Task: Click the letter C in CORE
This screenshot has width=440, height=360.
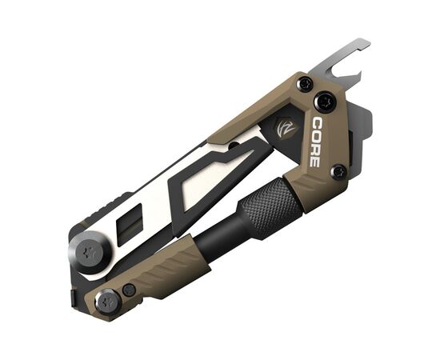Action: point(318,123)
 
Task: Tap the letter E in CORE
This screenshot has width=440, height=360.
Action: point(314,162)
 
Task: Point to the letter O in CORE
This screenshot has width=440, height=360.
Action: point(317,137)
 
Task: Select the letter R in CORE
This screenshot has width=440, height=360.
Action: point(315,150)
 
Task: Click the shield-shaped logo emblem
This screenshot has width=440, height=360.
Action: point(287,128)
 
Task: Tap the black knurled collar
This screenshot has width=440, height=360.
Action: point(270,208)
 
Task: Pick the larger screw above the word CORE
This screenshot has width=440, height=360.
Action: point(325,102)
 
